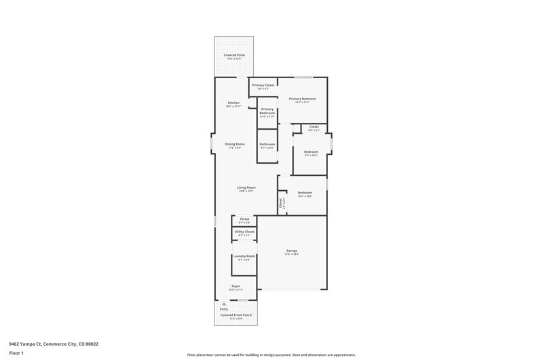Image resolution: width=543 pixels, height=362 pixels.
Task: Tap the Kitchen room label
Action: [233, 103]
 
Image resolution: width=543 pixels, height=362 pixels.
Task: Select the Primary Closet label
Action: [263, 85]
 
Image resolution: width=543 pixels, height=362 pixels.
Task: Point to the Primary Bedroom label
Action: [303, 98]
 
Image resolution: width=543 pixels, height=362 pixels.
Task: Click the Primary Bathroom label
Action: [267, 111]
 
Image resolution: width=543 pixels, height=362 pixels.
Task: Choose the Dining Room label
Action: [235, 144]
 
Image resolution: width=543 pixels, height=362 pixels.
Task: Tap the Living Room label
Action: [246, 188]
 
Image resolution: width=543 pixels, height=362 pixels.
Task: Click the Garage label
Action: [291, 251]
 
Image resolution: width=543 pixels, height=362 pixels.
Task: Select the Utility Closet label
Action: [244, 232]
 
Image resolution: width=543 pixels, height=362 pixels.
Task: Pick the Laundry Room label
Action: [244, 256]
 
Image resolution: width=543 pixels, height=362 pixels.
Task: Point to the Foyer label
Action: [236, 287]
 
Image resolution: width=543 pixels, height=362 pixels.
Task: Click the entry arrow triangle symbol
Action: [224, 303]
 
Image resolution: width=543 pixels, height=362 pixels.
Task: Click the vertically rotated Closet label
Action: [281, 202]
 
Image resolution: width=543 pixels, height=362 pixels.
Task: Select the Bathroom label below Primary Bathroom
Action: [267, 144]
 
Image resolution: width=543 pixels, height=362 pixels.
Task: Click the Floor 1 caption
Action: [13, 353]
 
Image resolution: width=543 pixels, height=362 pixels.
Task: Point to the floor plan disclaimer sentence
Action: [271, 355]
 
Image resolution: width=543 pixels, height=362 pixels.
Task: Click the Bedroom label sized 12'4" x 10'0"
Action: [305, 193]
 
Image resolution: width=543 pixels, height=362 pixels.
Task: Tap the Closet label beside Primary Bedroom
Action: [314, 127]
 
